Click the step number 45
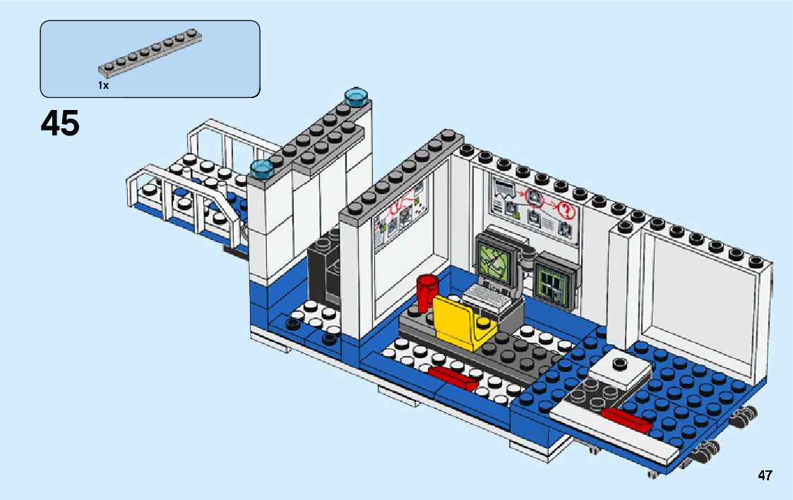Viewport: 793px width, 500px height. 60,124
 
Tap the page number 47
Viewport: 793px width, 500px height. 765,475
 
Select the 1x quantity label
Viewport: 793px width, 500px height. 103,85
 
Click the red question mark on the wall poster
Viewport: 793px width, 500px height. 566,209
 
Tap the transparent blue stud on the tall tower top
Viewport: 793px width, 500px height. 357,97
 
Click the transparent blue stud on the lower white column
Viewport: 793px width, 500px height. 262,168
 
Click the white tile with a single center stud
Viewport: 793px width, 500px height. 620,366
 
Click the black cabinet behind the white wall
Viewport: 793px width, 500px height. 325,272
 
